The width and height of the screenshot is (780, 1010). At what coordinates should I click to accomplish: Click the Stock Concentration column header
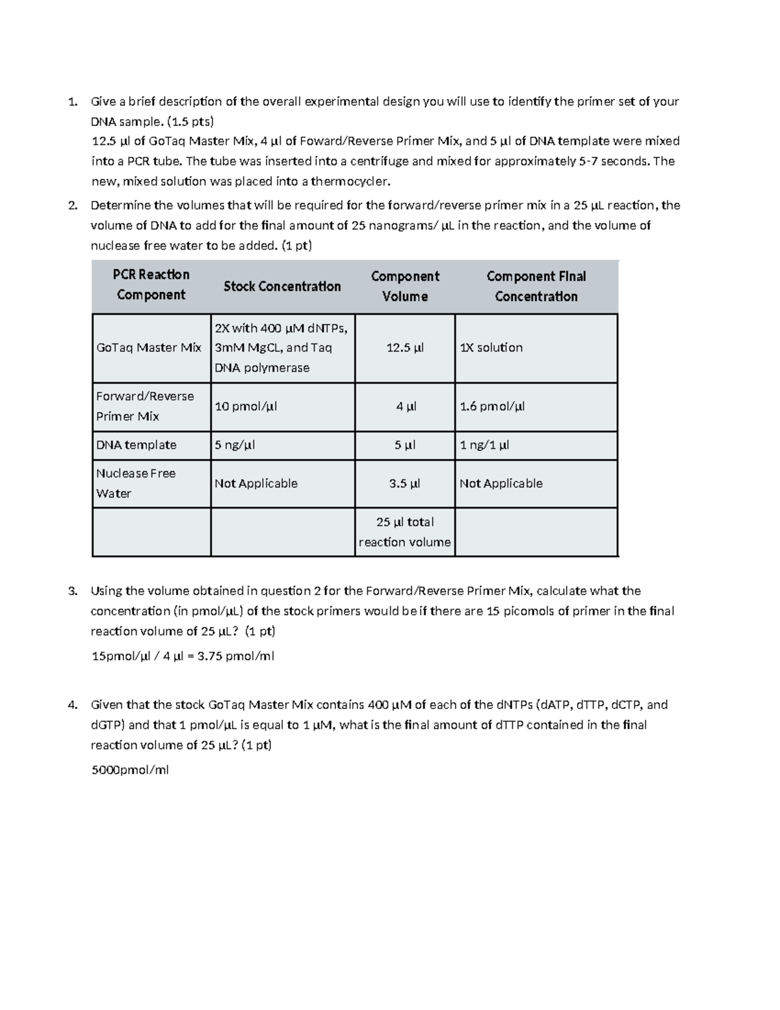282,286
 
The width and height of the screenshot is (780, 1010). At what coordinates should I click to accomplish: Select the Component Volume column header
405,286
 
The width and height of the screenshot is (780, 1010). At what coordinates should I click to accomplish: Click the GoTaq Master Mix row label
149,348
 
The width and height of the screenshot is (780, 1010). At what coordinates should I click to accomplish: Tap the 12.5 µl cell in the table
405,348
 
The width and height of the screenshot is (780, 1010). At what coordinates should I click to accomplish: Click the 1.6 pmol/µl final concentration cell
492,406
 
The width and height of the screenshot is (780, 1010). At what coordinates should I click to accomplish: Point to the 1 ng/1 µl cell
484,445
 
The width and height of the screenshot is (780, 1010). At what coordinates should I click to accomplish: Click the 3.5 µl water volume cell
405,484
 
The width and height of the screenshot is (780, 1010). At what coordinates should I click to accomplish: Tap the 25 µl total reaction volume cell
405,532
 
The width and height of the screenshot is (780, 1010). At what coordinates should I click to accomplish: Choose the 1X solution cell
491,348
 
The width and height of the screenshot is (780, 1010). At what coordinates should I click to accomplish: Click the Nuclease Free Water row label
135,483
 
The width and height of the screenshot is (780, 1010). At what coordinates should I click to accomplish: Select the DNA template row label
136,445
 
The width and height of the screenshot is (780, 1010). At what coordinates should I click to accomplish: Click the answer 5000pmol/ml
130,771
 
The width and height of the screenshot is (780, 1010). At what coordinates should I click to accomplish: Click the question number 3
72,591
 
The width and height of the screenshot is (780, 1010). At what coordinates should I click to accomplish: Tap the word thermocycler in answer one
350,181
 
